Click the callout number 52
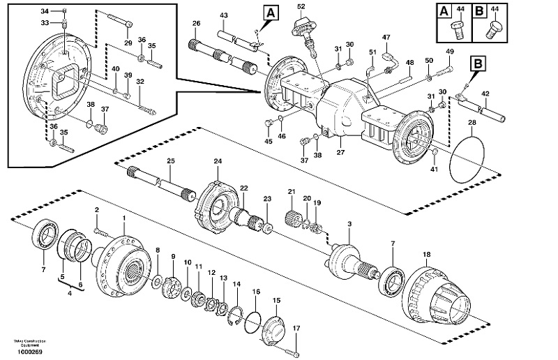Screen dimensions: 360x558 point(301,6)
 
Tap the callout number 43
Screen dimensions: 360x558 point(223,15)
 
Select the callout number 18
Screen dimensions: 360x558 point(426,255)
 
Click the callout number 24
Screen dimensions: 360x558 point(217,161)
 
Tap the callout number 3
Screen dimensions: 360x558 point(349,223)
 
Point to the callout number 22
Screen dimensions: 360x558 point(243,189)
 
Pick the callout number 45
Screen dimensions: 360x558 point(269,142)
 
